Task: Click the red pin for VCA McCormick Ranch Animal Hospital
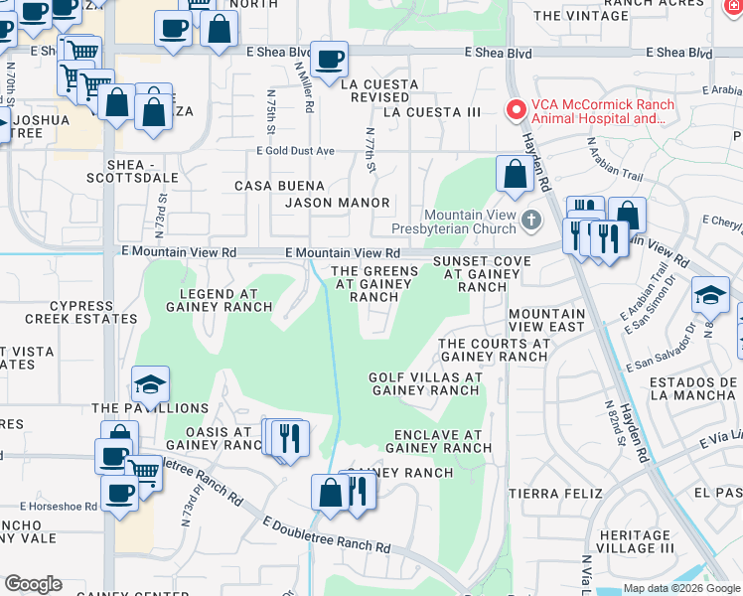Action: click(x=516, y=110)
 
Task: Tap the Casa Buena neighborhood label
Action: click(x=279, y=186)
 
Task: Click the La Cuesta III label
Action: click(x=432, y=112)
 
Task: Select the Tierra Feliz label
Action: click(x=555, y=493)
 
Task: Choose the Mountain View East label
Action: click(x=546, y=320)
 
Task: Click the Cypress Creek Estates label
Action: click(x=69, y=312)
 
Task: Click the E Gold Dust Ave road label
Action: click(x=296, y=151)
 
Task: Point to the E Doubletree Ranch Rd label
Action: click(x=327, y=534)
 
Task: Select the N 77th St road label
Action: click(x=371, y=149)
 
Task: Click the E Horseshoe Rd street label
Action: click(x=50, y=506)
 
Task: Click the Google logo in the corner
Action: click(x=33, y=584)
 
